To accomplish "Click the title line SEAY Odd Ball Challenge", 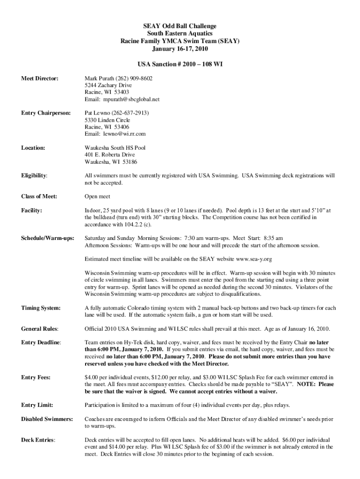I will click(x=180, y=26).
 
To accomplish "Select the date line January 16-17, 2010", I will click(x=180, y=49).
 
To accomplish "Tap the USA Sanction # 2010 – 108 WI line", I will click(x=180, y=64).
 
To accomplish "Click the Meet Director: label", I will click(x=40, y=78).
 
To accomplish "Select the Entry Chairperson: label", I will click(x=46, y=113).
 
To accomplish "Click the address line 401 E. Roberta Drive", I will click(x=109, y=155).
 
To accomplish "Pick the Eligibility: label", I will click(x=34, y=175).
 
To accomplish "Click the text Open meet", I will click(x=97, y=196).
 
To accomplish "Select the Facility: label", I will click(x=32, y=210).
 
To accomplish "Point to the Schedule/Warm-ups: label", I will click(x=48, y=238).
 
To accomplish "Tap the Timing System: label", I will click(x=41, y=308).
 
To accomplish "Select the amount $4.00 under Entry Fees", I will click(x=92, y=377).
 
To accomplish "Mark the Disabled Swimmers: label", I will click(x=47, y=419).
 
